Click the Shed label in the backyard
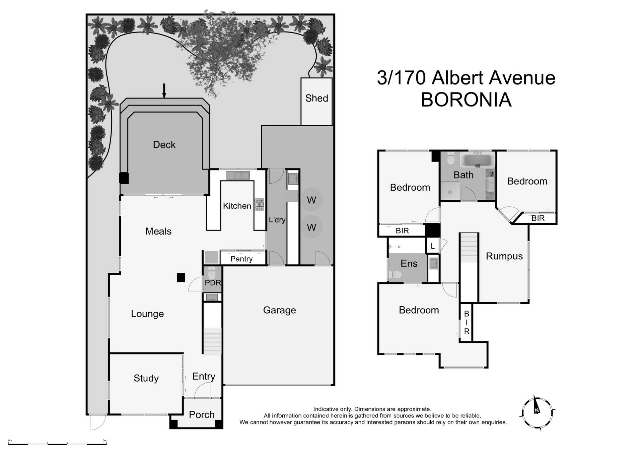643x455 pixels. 316,98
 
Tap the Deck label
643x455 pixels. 164,144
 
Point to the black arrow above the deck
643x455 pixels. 164,91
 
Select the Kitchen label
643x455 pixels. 237,206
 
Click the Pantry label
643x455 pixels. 241,259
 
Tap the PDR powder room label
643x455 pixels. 213,283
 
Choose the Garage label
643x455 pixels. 279,310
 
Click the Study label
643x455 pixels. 146,378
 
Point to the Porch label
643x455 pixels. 202,414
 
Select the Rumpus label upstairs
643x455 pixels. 504,256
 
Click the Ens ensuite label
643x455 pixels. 409,263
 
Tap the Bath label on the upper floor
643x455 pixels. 463,175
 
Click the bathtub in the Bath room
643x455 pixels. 478,160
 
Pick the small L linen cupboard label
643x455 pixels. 432,246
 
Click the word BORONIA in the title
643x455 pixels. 466,100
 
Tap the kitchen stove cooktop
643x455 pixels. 260,205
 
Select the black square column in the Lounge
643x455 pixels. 181,277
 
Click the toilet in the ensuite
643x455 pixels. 396,275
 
